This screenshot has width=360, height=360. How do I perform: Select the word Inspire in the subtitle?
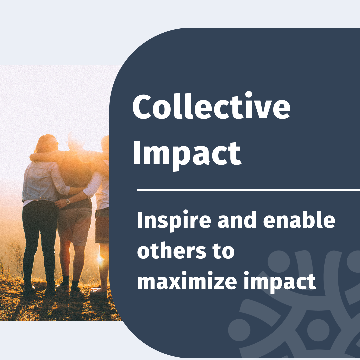coord(174,220)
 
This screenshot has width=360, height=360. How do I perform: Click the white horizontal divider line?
coord(248,190)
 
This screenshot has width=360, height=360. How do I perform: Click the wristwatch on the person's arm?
coord(68,202)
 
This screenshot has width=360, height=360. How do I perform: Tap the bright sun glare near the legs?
coord(100,259)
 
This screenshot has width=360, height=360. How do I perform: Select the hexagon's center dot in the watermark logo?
coord(318,330)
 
